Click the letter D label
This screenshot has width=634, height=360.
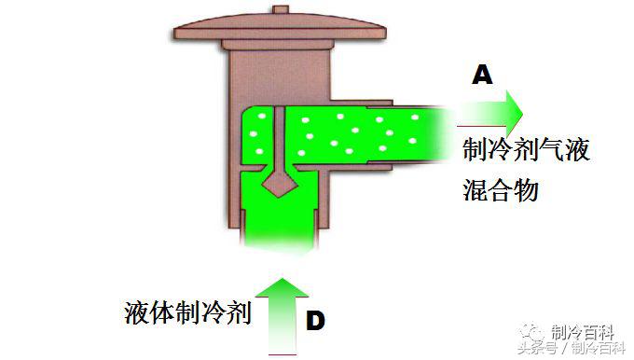coord(315,322)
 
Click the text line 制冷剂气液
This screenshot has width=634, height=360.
coord(526,150)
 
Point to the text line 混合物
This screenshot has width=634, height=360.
coord(501,190)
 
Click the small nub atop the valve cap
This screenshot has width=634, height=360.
coord(281,9)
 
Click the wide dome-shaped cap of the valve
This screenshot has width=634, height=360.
coord(280,28)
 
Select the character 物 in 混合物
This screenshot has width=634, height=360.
coord(527,190)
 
